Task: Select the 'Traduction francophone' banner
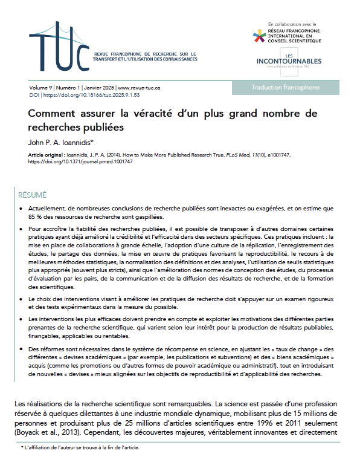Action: [285, 88]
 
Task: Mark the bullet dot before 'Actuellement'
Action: [22, 209]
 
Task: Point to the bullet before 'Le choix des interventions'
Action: [22, 299]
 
